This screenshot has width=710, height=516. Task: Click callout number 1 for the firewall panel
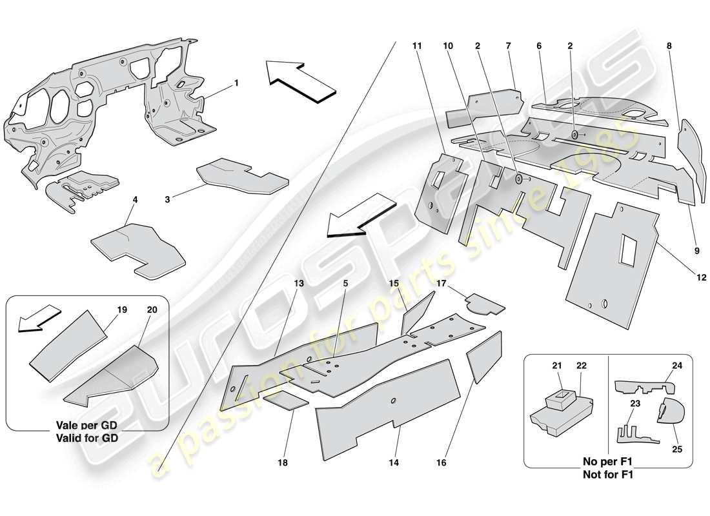tap(236, 83)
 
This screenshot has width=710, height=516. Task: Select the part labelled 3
tap(242, 175)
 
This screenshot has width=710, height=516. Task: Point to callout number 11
tap(417, 46)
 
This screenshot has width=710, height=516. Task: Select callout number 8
tap(669, 46)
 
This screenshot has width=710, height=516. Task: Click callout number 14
tap(394, 462)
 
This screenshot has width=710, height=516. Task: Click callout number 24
tap(677, 365)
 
